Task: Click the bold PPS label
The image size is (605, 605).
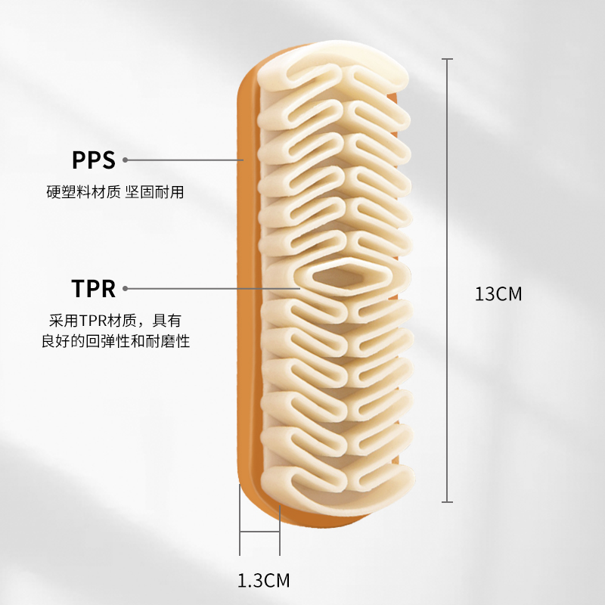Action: (x=93, y=160)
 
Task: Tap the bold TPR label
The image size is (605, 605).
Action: (x=93, y=289)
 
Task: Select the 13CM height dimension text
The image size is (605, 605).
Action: (x=498, y=293)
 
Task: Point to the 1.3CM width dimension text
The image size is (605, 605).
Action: (x=263, y=581)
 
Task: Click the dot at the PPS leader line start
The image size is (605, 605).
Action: (x=126, y=160)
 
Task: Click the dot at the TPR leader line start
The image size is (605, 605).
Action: (x=126, y=288)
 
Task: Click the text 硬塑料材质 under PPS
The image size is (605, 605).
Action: (x=83, y=192)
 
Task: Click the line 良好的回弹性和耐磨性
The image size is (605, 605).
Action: (x=115, y=341)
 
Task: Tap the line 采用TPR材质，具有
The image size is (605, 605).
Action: (x=115, y=321)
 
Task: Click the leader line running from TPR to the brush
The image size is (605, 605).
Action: (x=212, y=288)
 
